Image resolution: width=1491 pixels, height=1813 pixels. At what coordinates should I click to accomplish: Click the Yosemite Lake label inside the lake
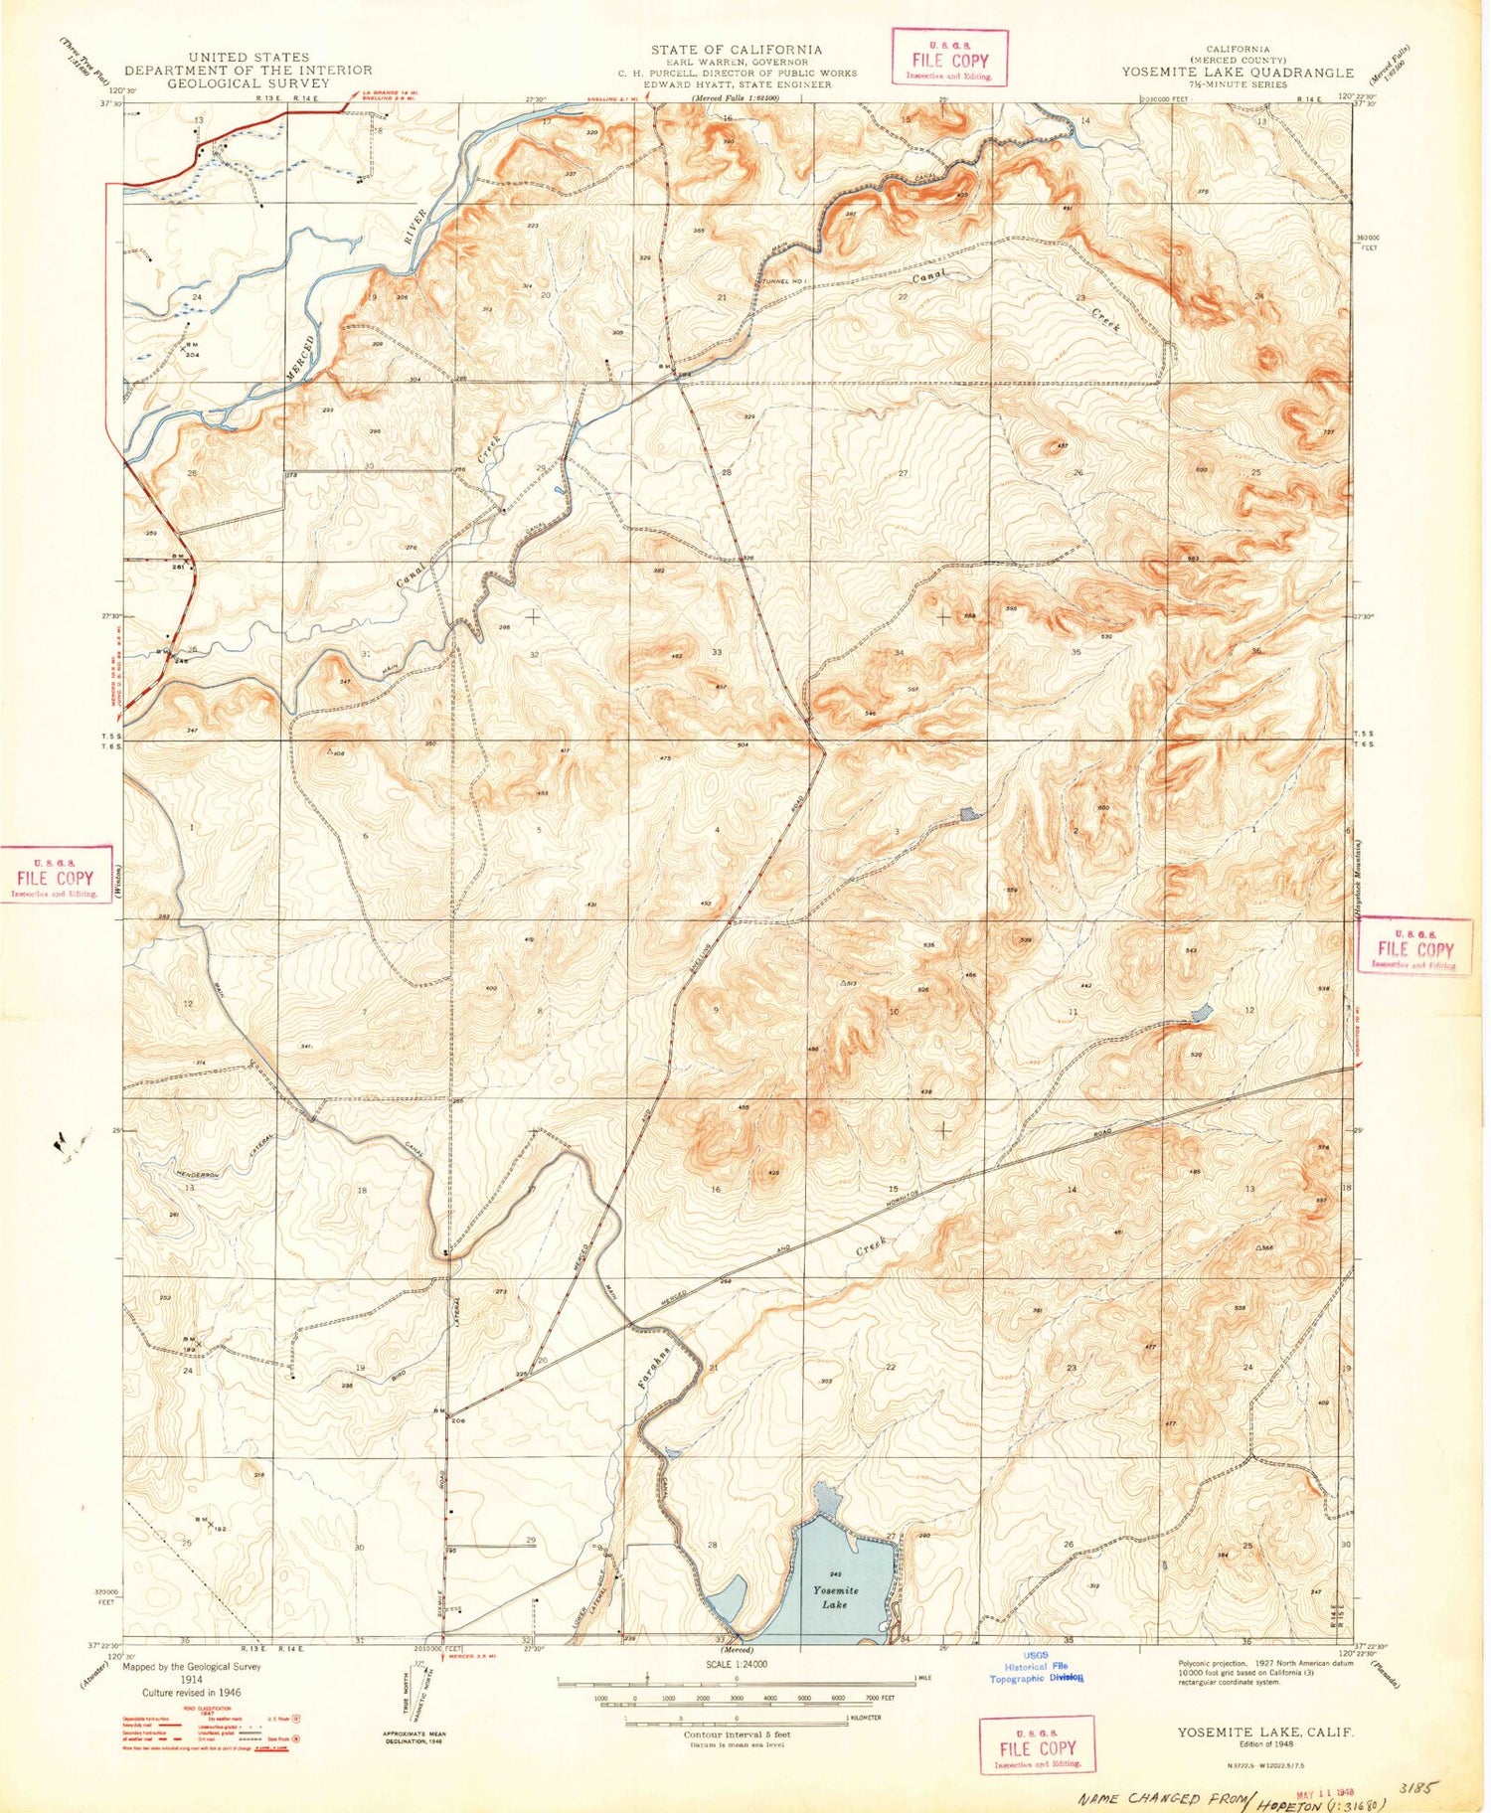[x=835, y=1597]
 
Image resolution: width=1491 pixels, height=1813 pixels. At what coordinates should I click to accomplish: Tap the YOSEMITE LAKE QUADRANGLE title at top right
[x=1238, y=72]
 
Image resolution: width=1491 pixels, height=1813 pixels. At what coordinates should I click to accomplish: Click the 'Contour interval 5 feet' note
[x=737, y=1733]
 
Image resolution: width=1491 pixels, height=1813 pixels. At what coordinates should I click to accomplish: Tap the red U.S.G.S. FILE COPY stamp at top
[x=950, y=59]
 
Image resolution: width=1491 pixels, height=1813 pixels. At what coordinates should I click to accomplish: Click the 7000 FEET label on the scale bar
[x=876, y=1698]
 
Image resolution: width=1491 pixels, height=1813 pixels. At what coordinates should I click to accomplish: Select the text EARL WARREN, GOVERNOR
[x=737, y=62]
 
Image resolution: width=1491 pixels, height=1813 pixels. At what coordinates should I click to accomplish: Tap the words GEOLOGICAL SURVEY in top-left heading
[x=248, y=83]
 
